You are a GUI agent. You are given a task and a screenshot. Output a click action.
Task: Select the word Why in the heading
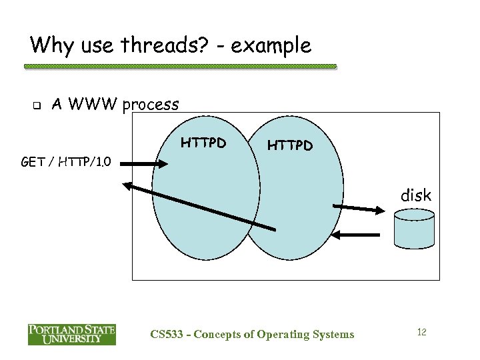[x=51, y=45]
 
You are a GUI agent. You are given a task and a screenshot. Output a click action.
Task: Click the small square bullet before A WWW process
[x=37, y=105]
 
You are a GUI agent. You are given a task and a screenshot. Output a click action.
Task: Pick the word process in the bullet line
[x=151, y=105]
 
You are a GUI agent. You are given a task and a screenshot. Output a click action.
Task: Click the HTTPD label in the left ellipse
[x=203, y=142]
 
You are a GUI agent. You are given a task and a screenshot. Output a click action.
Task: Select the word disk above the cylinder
[x=415, y=195]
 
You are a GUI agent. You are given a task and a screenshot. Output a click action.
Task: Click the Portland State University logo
[x=71, y=334]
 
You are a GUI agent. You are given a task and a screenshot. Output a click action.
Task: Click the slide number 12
[x=421, y=331]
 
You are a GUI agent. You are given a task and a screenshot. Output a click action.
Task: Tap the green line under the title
[x=180, y=67]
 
